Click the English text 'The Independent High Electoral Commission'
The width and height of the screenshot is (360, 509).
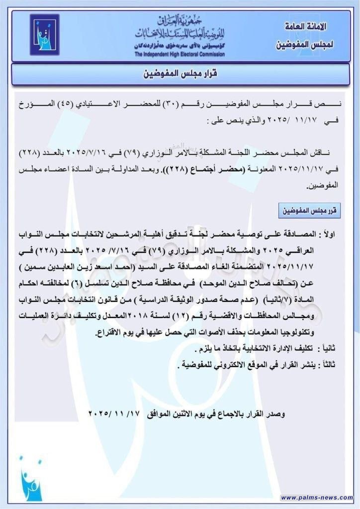(x=180, y=54)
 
